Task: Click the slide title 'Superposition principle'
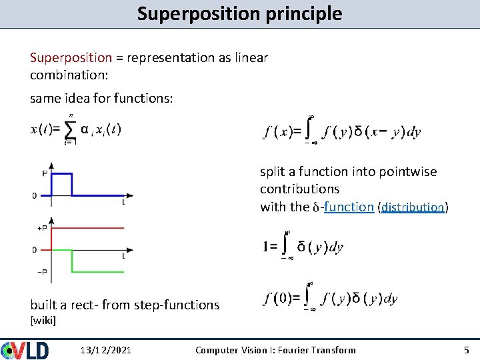click(239, 13)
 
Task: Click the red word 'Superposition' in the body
click(71, 58)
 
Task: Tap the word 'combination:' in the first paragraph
click(67, 75)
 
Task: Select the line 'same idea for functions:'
click(101, 99)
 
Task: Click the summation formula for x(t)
click(76, 129)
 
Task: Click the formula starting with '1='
click(303, 247)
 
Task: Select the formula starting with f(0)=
click(331, 297)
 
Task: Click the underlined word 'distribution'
click(413, 207)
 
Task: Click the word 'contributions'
click(299, 189)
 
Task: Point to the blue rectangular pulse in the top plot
click(61, 175)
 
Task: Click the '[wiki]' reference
click(43, 321)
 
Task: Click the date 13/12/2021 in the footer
click(105, 350)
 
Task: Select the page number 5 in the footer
click(466, 350)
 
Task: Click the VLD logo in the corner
click(25, 349)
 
